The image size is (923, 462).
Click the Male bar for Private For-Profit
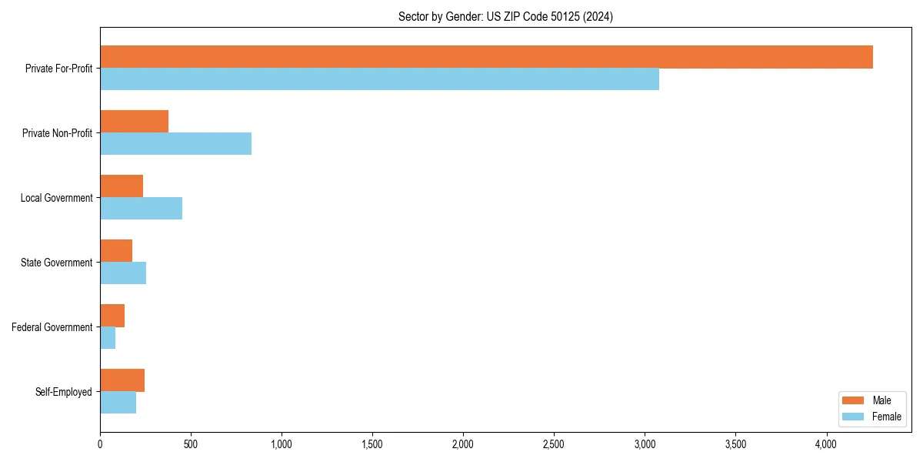pos(486,57)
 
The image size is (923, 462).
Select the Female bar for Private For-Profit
pos(379,79)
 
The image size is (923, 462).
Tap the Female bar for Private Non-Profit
pos(175,144)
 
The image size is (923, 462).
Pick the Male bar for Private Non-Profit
pos(134,122)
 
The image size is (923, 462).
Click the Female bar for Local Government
pos(141,209)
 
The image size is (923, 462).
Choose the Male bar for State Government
pos(116,251)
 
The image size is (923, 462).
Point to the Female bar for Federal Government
pos(108,338)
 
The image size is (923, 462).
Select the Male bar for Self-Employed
pos(122,380)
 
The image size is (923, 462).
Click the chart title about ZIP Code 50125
pos(505,16)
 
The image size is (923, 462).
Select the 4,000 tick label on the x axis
pos(826,444)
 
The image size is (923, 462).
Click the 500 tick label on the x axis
pos(191,444)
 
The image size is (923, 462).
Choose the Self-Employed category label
pos(63,392)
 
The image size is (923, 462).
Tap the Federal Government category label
pos(52,327)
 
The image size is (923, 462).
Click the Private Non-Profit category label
pos(57,133)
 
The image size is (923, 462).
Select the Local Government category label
pos(56,198)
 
